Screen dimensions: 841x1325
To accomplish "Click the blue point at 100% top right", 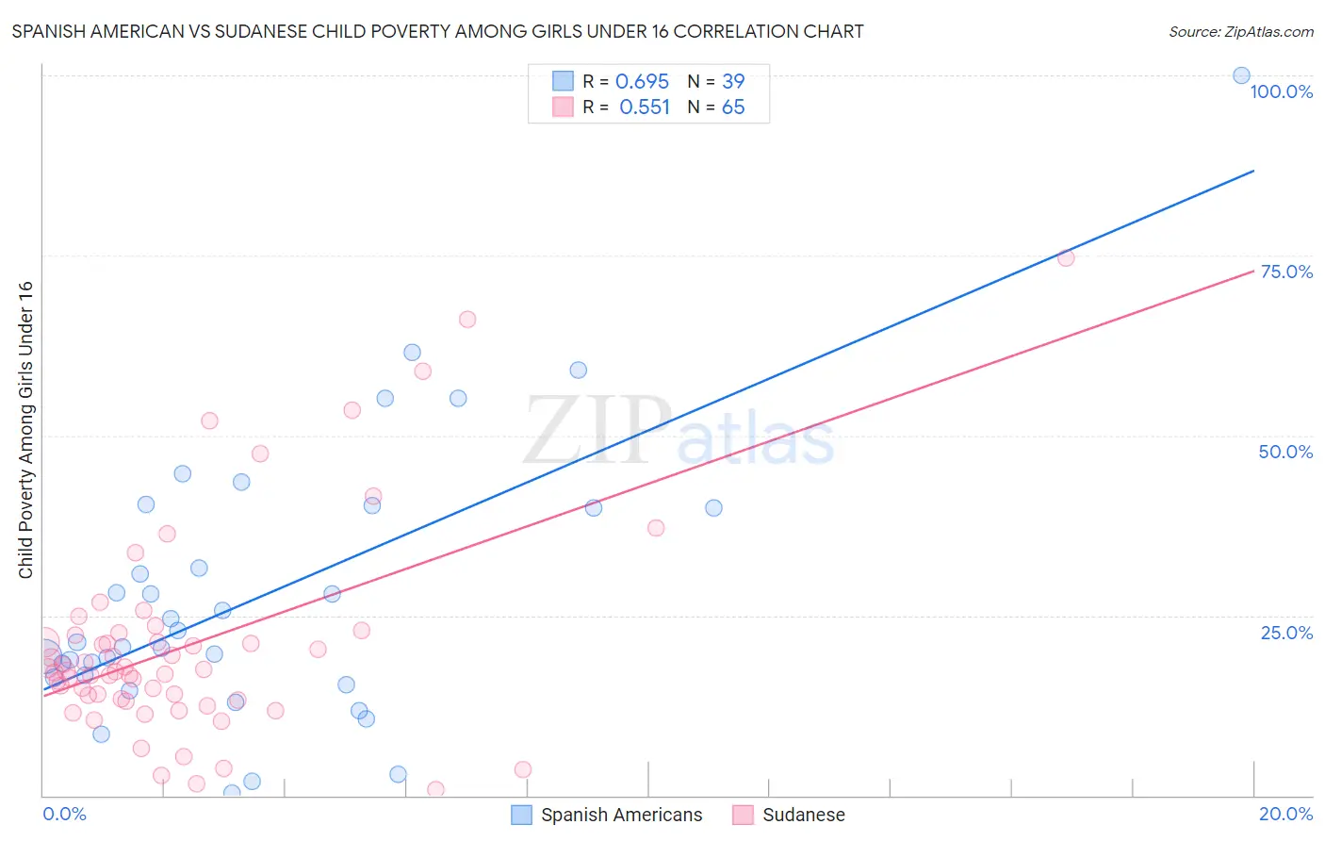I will coord(1241,75).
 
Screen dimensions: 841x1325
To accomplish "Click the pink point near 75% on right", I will coord(1066,258).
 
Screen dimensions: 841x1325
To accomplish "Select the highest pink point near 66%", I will coord(467,320).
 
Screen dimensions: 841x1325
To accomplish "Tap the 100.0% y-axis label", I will coord(1281,91).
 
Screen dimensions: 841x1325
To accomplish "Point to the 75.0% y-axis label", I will coord(1286,272).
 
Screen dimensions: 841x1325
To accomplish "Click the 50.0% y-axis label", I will coord(1285,452).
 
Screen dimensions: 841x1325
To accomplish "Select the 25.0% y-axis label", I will coord(1286,633).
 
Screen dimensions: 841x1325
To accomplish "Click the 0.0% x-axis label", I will coord(64,814).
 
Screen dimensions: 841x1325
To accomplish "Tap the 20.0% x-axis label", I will coord(1285,814).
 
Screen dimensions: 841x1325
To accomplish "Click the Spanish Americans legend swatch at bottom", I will coord(521,815).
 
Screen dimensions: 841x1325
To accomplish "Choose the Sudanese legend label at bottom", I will coord(803,815).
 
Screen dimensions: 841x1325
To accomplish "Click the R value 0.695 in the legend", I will coord(642,82).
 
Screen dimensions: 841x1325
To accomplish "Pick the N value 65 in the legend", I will coord(732,107).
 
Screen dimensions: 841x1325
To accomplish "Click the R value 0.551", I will coord(644,107).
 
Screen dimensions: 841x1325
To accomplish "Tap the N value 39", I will coord(732,82).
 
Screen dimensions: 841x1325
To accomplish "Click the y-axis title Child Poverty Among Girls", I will coord(25,430).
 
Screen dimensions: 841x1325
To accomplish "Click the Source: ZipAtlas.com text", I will coord(1240,32).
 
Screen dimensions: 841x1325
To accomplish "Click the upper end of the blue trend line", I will coord(1253,171).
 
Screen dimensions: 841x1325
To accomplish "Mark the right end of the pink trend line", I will coord(1253,270).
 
